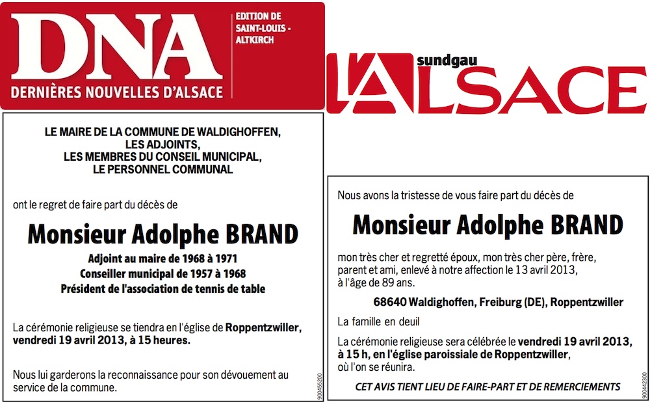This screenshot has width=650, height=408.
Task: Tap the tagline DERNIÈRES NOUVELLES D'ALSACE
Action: coord(117,92)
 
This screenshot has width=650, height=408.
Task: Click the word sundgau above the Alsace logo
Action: coord(436,61)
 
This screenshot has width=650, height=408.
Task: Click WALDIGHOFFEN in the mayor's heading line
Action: coord(240,132)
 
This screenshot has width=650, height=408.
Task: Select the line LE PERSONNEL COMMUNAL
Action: coord(162,169)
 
